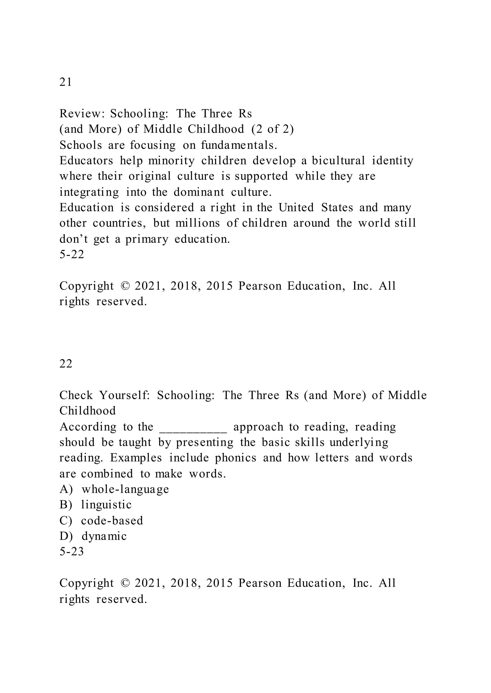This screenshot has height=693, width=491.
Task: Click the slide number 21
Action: click(x=66, y=82)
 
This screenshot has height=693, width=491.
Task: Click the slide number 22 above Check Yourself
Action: click(x=66, y=364)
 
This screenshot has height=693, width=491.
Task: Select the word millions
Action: click(x=198, y=223)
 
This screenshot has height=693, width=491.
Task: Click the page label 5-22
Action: click(x=72, y=254)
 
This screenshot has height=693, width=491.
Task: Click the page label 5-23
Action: click(x=72, y=551)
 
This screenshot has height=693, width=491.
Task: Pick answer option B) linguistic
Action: click(x=96, y=505)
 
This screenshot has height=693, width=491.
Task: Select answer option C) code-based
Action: click(x=101, y=520)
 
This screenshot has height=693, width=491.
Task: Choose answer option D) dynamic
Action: click(x=93, y=536)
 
